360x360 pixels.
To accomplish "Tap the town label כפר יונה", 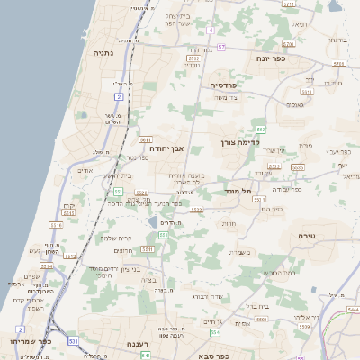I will [271, 58].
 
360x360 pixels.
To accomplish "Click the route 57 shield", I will [221, 46].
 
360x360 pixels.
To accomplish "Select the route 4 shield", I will [211, 30].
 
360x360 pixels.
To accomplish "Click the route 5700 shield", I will [192, 65].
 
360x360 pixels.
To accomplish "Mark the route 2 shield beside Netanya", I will [119, 95].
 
